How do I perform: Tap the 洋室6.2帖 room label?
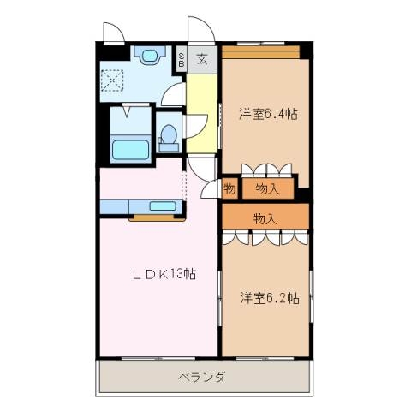(269, 299)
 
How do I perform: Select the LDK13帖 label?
(164, 275)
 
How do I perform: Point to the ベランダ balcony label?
(202, 378)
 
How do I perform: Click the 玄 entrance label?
(202, 59)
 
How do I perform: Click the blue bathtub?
(131, 147)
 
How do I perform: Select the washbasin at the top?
(150, 57)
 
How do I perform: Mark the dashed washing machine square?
(113, 82)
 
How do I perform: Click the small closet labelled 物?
(229, 188)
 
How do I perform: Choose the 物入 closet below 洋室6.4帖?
(267, 188)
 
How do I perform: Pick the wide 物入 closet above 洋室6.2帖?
(265, 218)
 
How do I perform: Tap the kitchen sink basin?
(163, 206)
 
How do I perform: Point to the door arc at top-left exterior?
(112, 32)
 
